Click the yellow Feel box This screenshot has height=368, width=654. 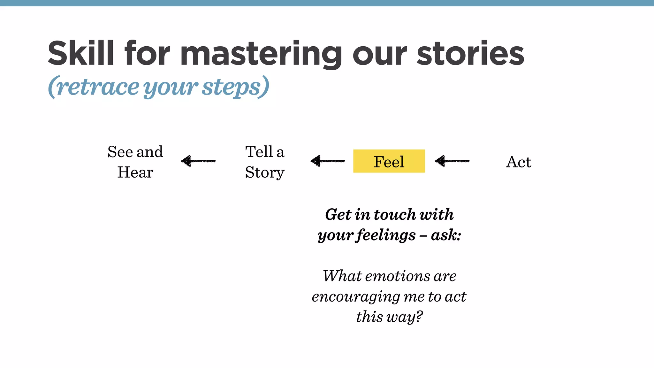[x=389, y=161]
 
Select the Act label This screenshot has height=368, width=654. [x=519, y=162]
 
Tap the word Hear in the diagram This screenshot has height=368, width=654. [x=135, y=172]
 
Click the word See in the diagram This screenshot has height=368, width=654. [x=120, y=152]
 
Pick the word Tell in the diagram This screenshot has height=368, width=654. [x=259, y=152]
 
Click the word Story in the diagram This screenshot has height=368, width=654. [x=264, y=173]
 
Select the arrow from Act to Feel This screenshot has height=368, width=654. [x=452, y=161]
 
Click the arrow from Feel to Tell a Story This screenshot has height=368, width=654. [x=328, y=161]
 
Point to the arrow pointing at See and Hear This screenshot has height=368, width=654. [x=198, y=161]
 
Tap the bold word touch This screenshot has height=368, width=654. [x=395, y=214]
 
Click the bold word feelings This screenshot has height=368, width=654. [x=386, y=235]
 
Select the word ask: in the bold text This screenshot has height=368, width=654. [x=446, y=235]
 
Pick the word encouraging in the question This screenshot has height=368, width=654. [x=355, y=296]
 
